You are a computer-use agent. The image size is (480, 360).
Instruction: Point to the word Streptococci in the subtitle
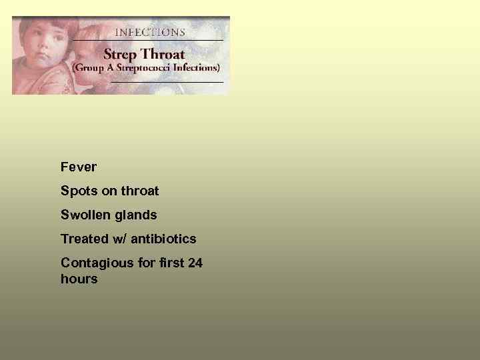tap(143, 67)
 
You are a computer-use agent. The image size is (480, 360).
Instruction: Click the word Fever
tap(79, 167)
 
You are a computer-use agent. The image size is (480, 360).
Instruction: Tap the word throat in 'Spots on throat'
tap(139, 191)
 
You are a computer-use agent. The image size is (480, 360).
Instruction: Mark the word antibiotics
tap(165, 239)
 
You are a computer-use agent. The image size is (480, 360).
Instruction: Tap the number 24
tap(195, 263)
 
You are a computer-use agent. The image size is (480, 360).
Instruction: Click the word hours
tap(79, 279)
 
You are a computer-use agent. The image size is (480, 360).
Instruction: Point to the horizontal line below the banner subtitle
tap(167, 81)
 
